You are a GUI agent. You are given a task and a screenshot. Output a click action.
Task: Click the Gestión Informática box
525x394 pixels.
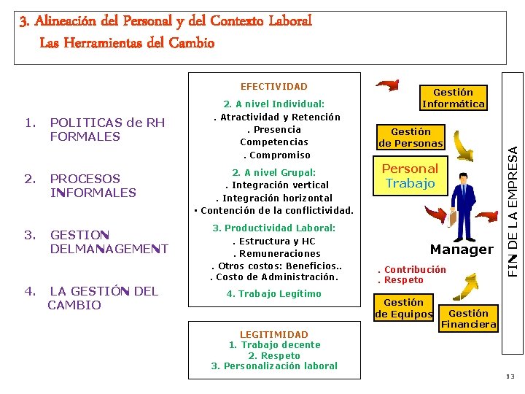[453, 98]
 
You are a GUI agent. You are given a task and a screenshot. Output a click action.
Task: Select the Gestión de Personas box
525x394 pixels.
[411, 137]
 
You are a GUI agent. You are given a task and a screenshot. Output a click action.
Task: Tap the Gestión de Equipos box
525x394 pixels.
[403, 308]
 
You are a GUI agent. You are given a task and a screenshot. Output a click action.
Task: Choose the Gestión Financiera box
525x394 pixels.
[469, 319]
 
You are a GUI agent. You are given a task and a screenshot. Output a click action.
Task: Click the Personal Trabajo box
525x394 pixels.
[410, 176]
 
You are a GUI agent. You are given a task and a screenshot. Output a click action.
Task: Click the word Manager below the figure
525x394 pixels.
[462, 250]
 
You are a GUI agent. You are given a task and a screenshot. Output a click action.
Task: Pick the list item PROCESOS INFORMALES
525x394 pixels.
[93, 185]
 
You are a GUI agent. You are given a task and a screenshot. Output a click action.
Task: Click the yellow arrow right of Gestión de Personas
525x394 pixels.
[465, 146]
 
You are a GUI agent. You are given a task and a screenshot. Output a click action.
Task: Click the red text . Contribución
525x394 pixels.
[411, 270]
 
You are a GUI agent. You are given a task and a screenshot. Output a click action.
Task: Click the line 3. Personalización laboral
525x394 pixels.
[274, 366]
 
